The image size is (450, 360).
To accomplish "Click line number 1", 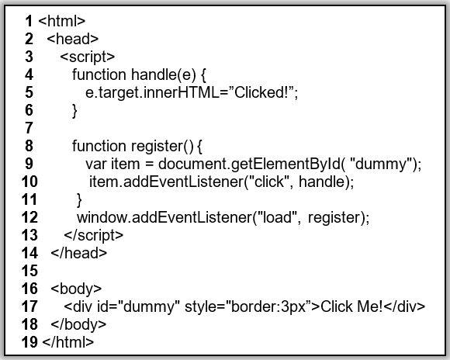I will click(29, 21).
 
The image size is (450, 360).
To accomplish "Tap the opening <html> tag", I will click(61, 21).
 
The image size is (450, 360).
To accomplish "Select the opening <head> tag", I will click(72, 39).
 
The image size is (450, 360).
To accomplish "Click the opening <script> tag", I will click(87, 57).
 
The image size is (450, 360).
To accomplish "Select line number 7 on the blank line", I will click(29, 128).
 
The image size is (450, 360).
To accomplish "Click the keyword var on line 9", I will click(96, 164).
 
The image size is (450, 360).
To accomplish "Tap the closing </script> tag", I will click(94, 235).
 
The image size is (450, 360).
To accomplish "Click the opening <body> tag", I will click(76, 289).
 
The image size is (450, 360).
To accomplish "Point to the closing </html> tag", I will click(68, 342).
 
